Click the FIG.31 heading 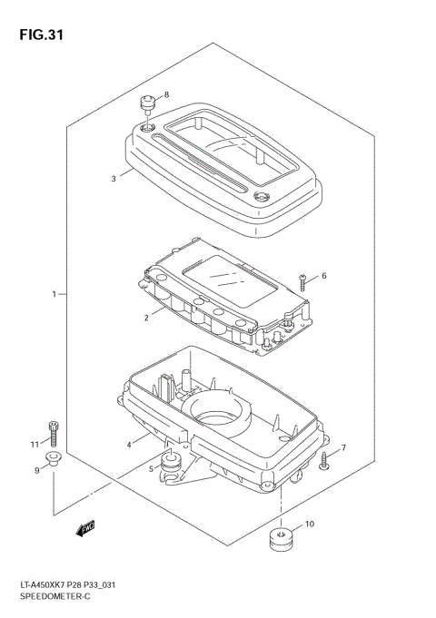tap(42, 35)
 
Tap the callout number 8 tap(166, 94)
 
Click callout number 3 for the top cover tap(114, 179)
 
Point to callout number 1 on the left tap(54, 294)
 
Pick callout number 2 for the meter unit tap(146, 318)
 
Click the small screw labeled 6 tap(302, 283)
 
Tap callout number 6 tap(324, 276)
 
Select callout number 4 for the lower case tap(129, 445)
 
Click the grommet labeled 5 tap(171, 464)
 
